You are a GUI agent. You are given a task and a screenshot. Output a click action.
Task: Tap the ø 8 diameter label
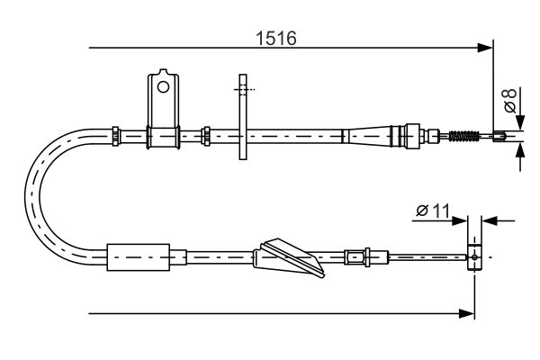tap(510, 100)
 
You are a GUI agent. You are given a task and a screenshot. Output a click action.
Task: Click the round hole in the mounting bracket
tap(163, 87)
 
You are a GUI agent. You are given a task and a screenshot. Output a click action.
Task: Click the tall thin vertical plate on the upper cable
tap(242, 117)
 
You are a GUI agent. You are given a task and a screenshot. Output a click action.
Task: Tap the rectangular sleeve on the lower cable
tap(138, 256)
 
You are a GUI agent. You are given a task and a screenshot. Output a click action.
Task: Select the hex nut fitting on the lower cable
tap(355, 256)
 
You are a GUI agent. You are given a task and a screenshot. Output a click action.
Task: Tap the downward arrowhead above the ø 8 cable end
tap(521, 124)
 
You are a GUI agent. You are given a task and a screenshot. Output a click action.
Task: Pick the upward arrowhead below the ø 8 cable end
tap(521, 149)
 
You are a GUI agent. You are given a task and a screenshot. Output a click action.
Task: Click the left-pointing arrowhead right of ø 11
tap(490, 218)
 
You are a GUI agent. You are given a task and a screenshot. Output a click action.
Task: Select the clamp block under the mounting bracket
tap(162, 137)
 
